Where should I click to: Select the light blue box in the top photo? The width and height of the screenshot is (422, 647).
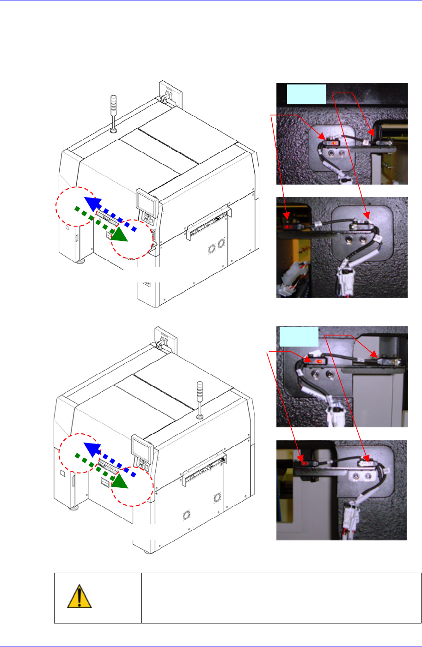tap(306, 94)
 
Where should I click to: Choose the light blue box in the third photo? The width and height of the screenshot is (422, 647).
tap(299, 336)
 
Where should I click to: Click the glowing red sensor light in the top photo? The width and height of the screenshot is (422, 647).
tap(333, 143)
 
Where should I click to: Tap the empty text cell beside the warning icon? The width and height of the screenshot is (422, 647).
tap(281, 598)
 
